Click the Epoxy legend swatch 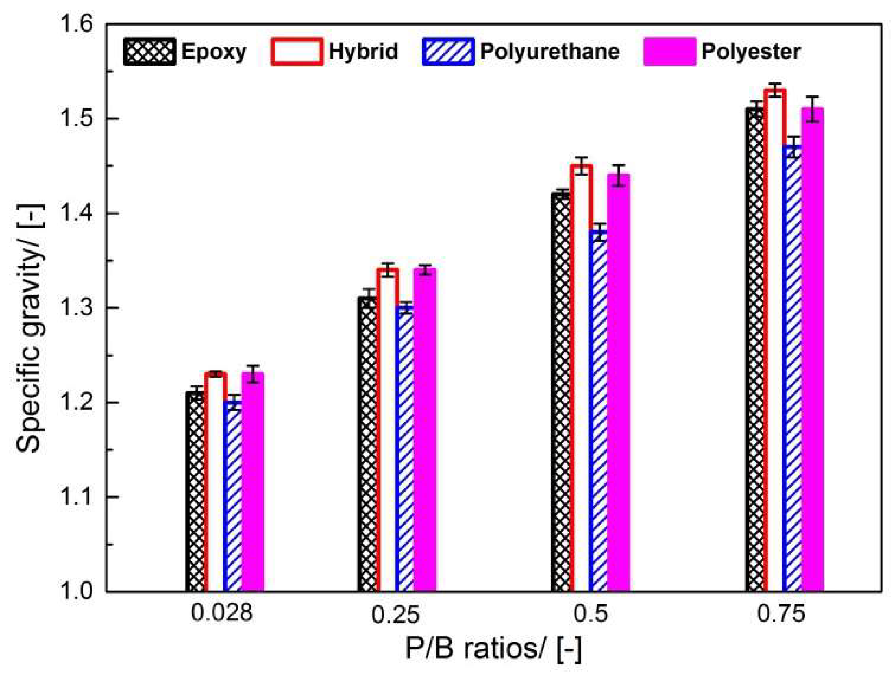[149, 52]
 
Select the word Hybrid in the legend [363, 52]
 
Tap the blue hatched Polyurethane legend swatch [448, 52]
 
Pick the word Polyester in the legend [751, 52]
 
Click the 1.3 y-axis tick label [76, 308]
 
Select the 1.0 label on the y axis [76, 591]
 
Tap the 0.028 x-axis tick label [221, 614]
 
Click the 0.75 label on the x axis [781, 614]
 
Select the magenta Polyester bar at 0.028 [253, 482]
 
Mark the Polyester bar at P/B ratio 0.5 [618, 382]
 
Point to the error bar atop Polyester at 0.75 [812, 109]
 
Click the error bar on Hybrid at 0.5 [581, 165]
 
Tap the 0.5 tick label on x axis [590, 614]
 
